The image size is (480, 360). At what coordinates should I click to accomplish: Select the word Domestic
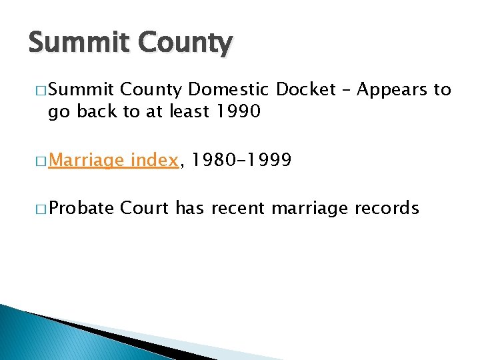[229, 90]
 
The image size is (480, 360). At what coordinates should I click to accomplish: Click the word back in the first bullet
[96, 112]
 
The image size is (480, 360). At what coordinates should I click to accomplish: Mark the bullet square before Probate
[35, 209]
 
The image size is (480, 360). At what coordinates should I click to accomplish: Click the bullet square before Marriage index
[35, 161]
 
